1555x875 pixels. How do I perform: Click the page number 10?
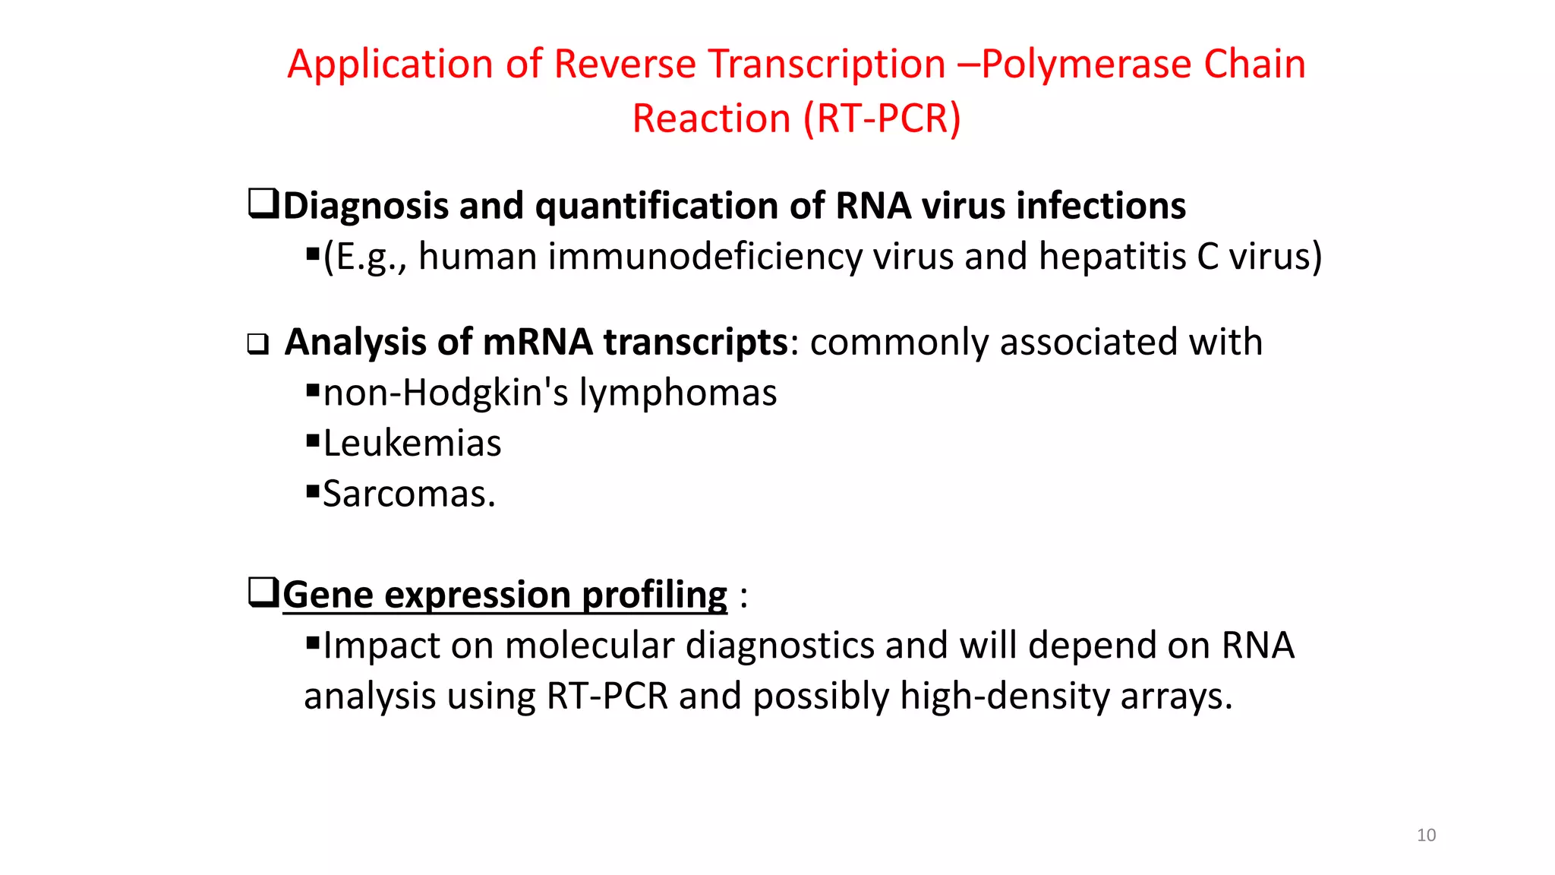tap(1426, 835)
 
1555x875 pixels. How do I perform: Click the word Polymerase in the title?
tap(1086, 64)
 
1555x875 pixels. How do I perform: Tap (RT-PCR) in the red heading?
tap(882, 118)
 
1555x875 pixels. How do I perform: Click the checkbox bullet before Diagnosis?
tap(263, 204)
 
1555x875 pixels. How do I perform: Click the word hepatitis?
tap(1112, 257)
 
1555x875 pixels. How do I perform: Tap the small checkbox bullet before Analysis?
tap(258, 345)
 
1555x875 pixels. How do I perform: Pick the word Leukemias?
tap(412, 444)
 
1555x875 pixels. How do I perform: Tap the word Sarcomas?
tap(408, 494)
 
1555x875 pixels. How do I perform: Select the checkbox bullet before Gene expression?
tap(263, 592)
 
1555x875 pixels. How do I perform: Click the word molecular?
tap(589, 646)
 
